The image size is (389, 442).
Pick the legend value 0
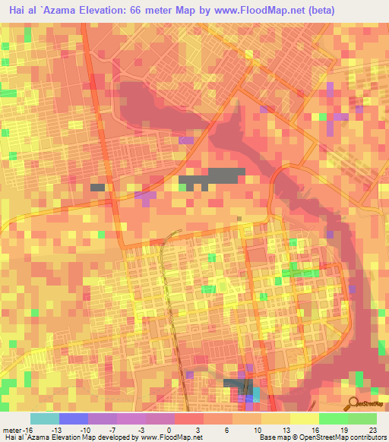pyautogui.click(x=168, y=430)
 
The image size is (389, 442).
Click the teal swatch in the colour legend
pyautogui.click(x=45, y=418)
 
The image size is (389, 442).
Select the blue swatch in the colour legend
pyautogui.click(x=74, y=418)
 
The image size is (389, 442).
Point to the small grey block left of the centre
pyautogui.click(x=97, y=187)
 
